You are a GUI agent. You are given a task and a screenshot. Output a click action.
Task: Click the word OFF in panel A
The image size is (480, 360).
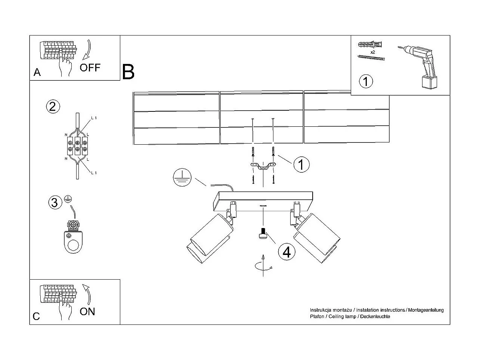point(90,68)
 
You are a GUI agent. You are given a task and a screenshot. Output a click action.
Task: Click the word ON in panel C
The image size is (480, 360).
point(87,311)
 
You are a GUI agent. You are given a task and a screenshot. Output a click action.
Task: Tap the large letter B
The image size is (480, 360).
point(128,72)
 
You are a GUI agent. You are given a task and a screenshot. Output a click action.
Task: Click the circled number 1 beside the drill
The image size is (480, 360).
point(366,81)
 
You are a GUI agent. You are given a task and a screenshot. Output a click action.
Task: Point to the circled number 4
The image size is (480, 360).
point(287,252)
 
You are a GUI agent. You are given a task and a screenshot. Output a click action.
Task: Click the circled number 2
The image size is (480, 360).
point(52,107)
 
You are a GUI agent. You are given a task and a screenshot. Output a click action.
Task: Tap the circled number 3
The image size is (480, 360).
point(55,203)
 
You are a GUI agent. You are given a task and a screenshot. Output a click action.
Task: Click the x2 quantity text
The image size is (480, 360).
point(372,52)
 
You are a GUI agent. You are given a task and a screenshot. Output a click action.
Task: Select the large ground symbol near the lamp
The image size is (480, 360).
point(182,177)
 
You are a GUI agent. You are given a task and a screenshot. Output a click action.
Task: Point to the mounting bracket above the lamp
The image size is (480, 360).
point(263,167)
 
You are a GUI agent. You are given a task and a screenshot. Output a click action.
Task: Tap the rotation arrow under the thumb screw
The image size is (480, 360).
point(263,265)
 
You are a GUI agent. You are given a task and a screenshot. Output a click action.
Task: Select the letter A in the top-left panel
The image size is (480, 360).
point(37,72)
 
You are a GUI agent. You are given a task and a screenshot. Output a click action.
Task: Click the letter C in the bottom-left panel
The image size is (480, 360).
point(36,316)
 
